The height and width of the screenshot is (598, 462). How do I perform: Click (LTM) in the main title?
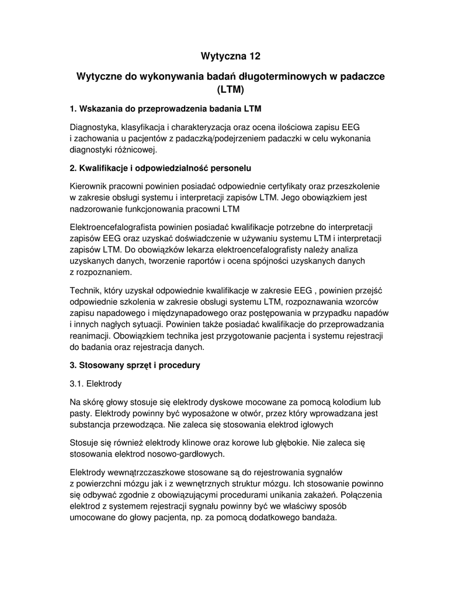[x=230, y=90]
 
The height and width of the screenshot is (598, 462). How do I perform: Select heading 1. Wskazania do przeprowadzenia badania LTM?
[x=165, y=109]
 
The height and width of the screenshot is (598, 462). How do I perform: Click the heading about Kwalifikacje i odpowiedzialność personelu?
[x=160, y=168]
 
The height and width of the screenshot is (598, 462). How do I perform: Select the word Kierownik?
[x=89, y=186]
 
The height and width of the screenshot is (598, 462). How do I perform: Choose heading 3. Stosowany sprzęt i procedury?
[x=135, y=365]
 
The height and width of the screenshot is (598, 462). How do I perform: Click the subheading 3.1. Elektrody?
[x=96, y=384]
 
